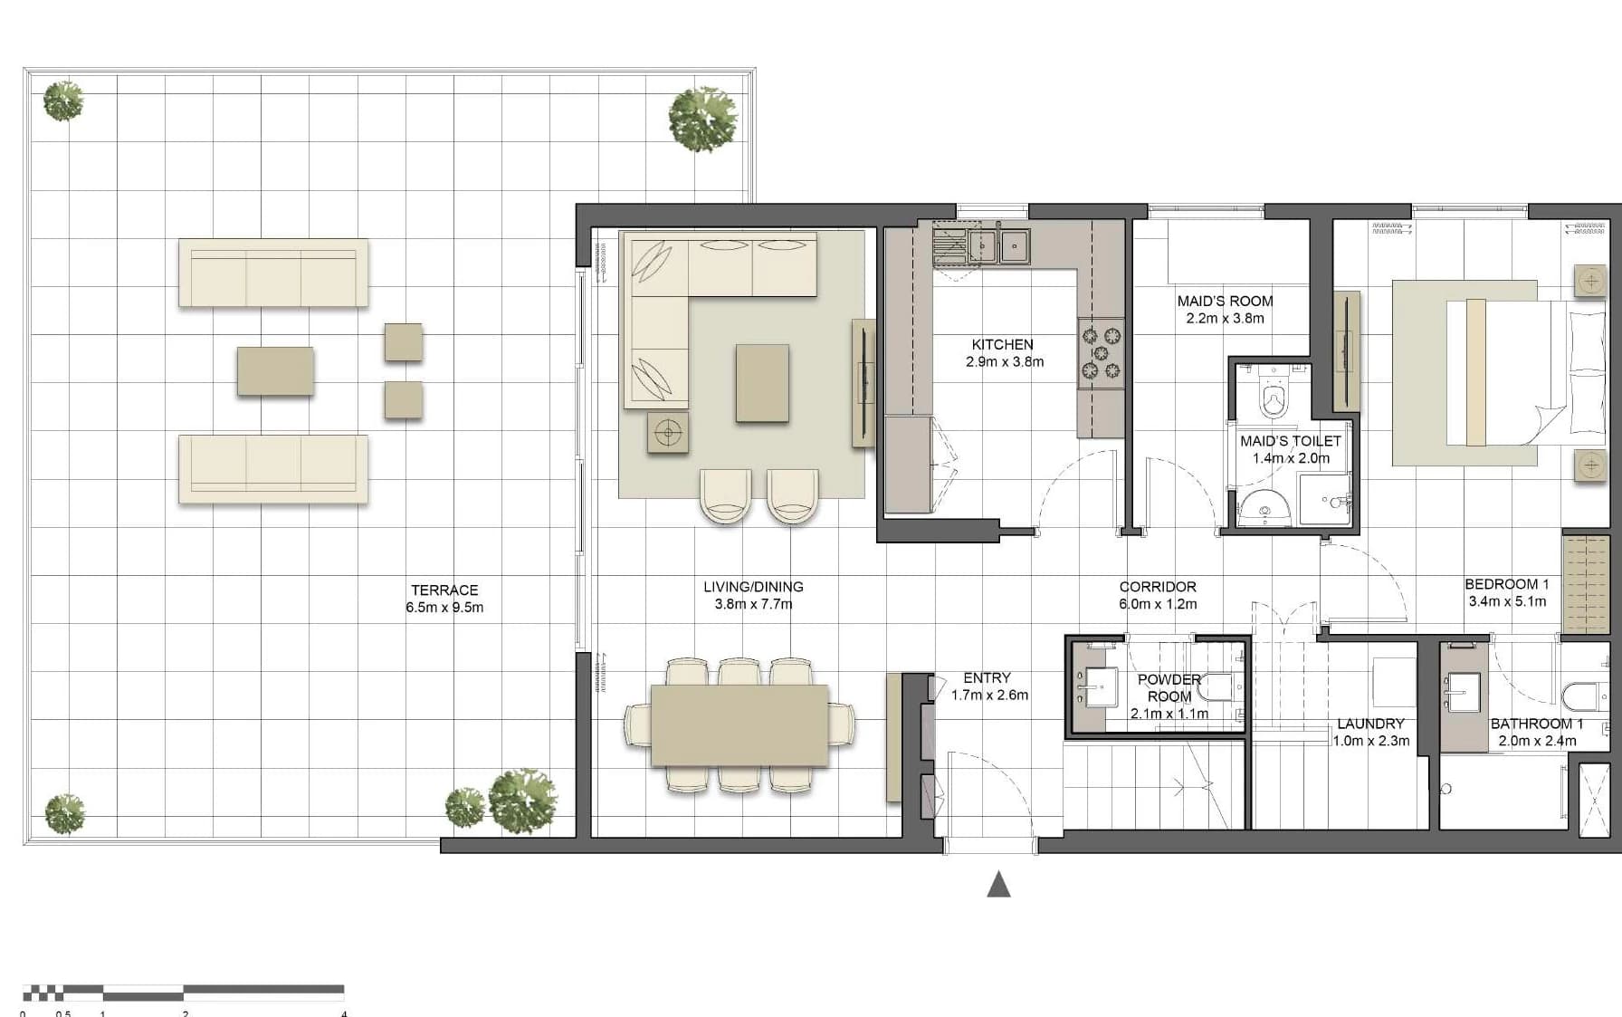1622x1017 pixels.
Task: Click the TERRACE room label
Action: (x=444, y=590)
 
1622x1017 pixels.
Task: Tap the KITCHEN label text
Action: (x=1002, y=344)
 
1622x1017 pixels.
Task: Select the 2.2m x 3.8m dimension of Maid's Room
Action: (x=1225, y=318)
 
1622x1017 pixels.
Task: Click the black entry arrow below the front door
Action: (x=998, y=884)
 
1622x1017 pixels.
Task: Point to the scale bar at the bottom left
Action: (x=183, y=991)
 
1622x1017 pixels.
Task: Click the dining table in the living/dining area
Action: (x=739, y=724)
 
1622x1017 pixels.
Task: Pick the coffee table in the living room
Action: (x=762, y=382)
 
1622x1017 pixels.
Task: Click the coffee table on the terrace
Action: (x=275, y=371)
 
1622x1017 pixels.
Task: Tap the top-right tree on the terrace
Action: (x=703, y=119)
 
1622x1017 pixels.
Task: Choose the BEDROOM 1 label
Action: (x=1507, y=584)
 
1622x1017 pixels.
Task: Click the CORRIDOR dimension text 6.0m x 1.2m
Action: (x=1158, y=604)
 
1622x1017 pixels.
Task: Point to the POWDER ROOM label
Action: (x=1169, y=687)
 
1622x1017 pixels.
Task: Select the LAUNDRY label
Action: (x=1370, y=724)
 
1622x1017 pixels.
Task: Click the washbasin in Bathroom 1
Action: (x=1461, y=696)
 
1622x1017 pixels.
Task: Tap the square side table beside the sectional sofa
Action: (x=668, y=432)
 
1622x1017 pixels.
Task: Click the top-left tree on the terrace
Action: (x=63, y=101)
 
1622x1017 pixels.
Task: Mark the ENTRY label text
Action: (x=987, y=677)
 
